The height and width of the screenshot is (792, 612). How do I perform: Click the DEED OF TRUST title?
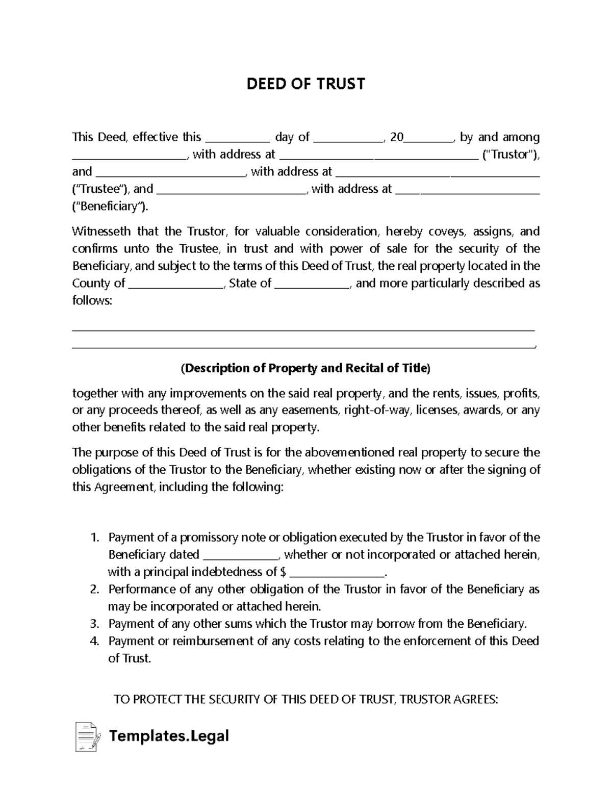point(306,84)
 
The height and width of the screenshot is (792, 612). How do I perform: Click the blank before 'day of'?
point(237,138)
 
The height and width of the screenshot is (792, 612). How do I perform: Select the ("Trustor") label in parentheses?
point(510,155)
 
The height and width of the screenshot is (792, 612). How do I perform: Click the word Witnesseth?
point(101,232)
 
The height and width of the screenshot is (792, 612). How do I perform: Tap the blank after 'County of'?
point(176,284)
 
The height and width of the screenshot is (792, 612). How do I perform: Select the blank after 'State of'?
point(312,284)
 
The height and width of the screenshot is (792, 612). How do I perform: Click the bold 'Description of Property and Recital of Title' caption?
point(306,368)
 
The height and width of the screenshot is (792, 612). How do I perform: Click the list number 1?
point(94,538)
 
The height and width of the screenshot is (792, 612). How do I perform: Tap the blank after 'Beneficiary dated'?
point(241,555)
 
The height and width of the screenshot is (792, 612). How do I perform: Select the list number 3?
point(94,624)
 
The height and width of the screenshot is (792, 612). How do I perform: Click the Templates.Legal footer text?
point(169,736)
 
